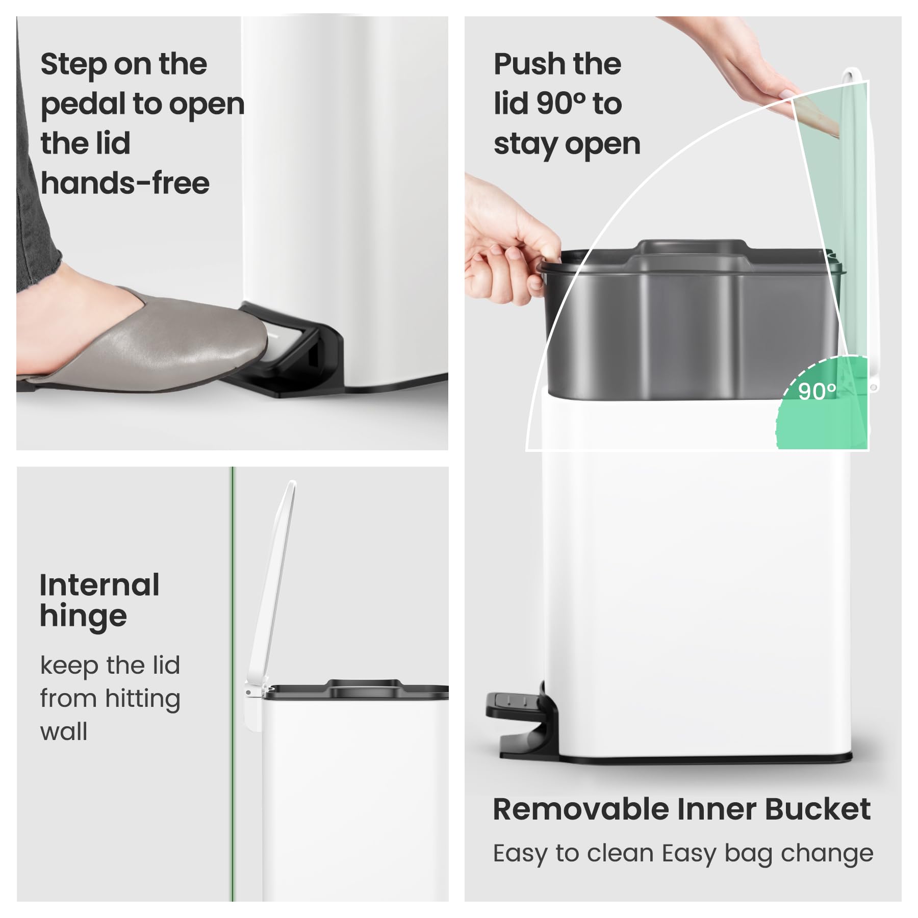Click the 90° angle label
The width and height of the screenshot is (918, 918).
point(817,391)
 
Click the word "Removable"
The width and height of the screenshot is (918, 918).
point(581,809)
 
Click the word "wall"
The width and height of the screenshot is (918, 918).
point(64,731)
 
